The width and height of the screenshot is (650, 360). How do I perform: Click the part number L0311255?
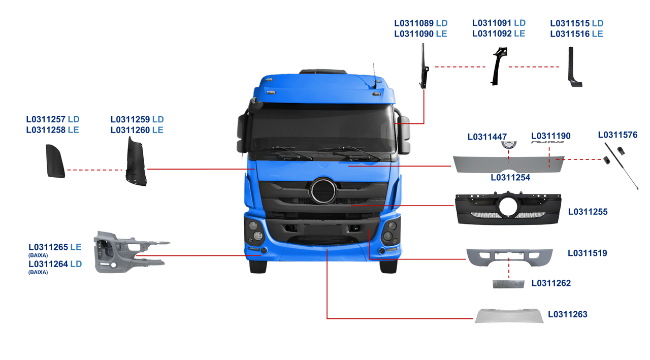tap(588, 211)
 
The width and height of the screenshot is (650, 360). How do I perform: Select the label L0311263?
tap(567, 314)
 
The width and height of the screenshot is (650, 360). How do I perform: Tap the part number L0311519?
tap(587, 253)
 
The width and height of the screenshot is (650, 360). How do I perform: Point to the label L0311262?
tap(551, 283)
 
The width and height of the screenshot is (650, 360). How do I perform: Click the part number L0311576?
tap(617, 135)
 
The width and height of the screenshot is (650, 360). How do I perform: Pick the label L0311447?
tap(487, 137)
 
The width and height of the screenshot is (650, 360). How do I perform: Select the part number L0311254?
tap(510, 178)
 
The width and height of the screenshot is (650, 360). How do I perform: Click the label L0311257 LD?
tap(53, 119)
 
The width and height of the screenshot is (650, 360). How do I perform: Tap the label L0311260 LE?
tap(137, 130)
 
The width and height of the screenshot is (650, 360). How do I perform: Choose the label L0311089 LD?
tap(421, 23)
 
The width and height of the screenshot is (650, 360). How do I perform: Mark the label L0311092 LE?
tap(499, 34)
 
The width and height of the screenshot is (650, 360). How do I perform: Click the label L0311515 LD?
tap(577, 23)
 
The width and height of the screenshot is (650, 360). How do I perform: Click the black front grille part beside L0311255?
tap(508, 208)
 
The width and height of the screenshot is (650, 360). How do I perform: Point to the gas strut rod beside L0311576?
tap(621, 167)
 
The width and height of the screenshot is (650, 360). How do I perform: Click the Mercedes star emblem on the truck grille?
tap(323, 191)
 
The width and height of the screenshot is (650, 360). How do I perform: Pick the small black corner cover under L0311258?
tap(55, 161)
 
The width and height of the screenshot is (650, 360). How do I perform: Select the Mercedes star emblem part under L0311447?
tap(508, 145)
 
